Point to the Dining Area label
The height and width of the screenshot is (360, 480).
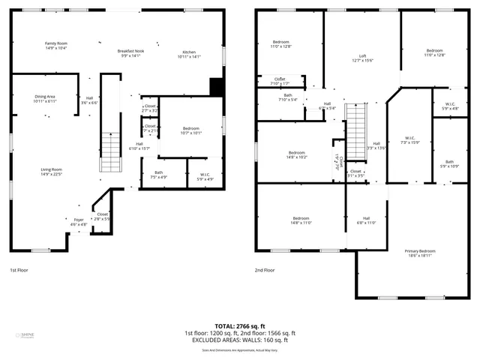tap(45, 98)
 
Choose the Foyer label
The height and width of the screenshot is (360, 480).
tap(79, 222)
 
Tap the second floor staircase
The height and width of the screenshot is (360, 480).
tap(355, 127)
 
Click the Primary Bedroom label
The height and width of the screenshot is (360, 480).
tap(420, 253)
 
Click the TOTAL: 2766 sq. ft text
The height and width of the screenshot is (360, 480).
tap(240, 325)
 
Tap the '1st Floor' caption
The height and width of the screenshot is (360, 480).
tap(19, 269)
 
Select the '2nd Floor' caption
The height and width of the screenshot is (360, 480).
tap(265, 269)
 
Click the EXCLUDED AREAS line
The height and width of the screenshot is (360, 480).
tap(240, 340)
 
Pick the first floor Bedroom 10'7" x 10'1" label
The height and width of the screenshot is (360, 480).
tap(191, 131)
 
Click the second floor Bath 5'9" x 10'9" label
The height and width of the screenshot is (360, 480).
tap(449, 163)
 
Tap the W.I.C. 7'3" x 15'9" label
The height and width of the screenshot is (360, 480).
tap(409, 140)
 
